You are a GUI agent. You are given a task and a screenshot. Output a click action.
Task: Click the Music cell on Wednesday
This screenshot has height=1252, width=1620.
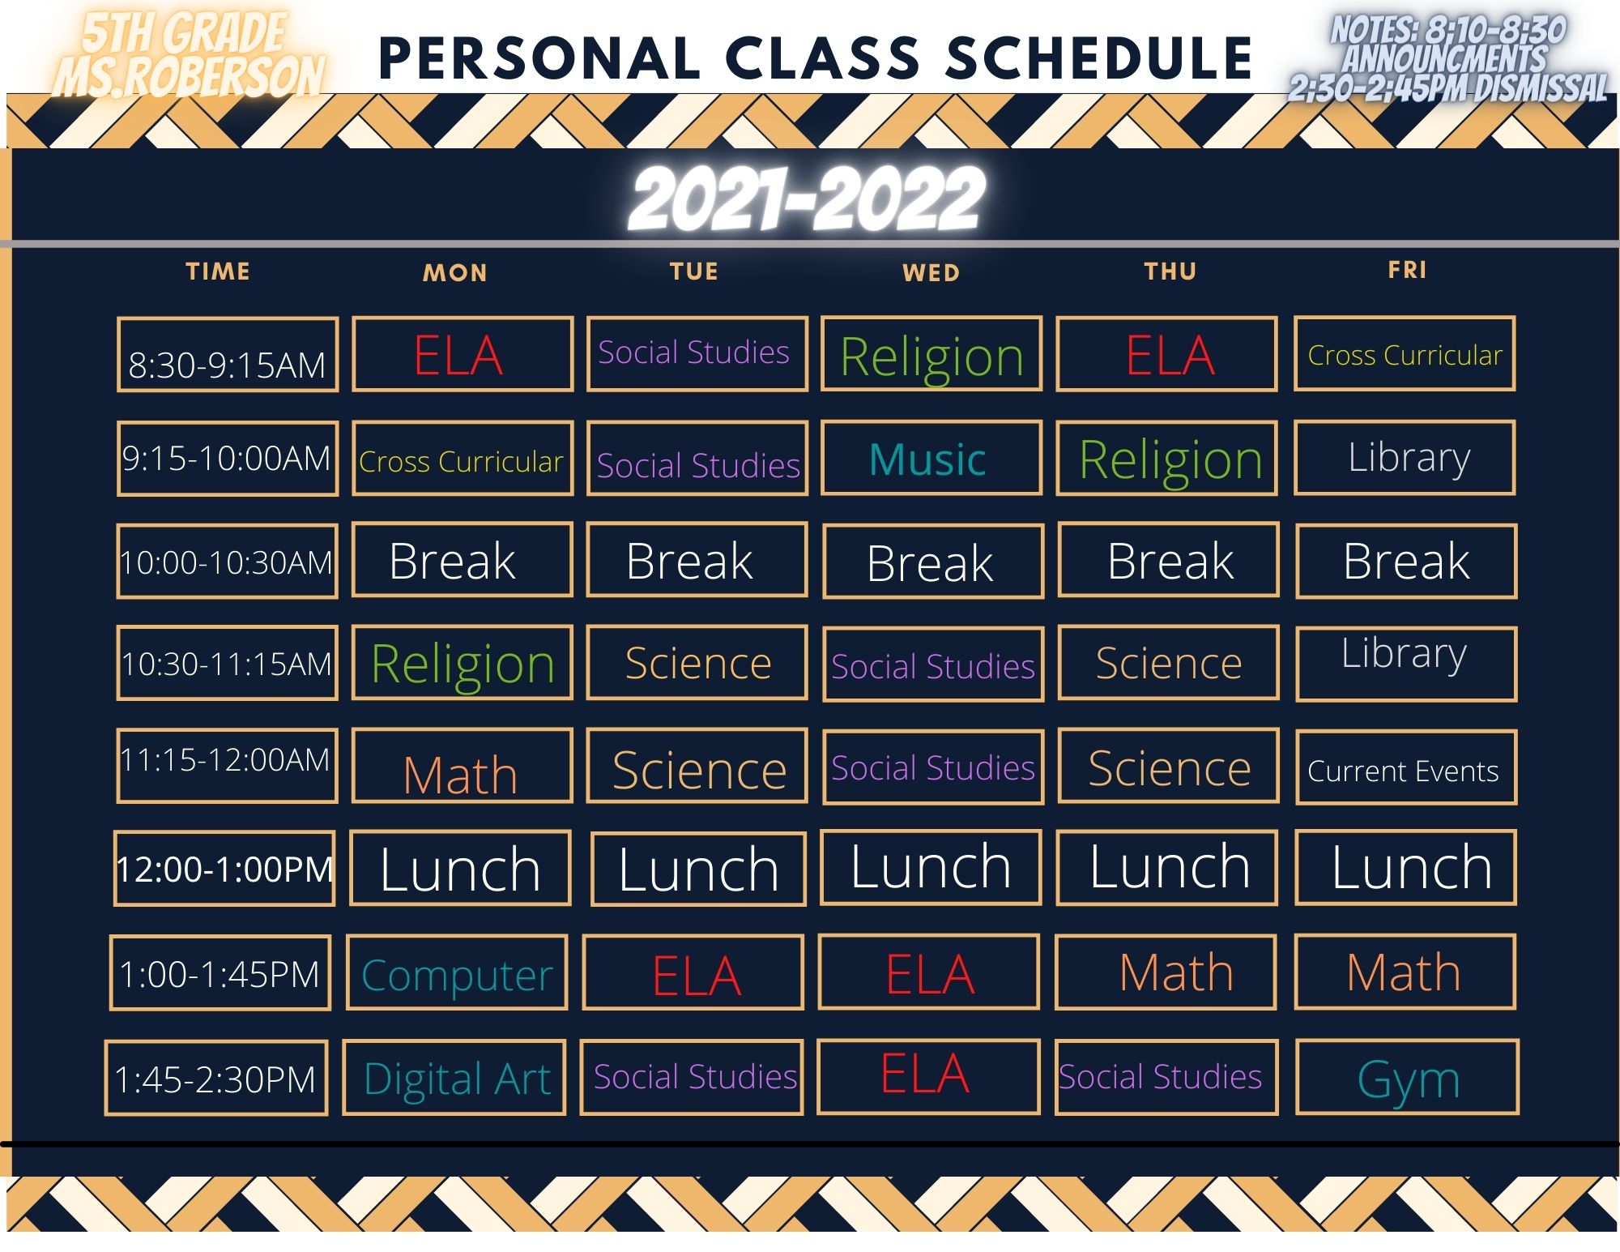point(932,458)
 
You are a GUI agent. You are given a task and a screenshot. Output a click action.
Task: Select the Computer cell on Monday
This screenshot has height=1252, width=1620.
point(457,972)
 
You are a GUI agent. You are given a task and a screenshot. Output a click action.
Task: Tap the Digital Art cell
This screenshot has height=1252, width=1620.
point(454,1078)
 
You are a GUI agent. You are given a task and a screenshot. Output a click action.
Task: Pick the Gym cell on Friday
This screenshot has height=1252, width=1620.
point(1408,1078)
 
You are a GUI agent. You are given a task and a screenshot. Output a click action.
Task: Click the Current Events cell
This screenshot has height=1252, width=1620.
point(1406,767)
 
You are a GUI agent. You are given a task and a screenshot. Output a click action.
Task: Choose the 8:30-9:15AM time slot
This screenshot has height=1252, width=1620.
point(228,354)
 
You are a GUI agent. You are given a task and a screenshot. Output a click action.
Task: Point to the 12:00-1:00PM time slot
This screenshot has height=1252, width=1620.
point(224,868)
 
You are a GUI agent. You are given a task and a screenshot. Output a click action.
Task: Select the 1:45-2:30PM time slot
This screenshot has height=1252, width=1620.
point(216,1078)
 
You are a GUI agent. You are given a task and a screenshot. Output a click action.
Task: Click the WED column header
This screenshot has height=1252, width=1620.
point(932,273)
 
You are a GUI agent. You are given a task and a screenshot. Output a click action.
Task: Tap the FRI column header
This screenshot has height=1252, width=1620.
point(1408,270)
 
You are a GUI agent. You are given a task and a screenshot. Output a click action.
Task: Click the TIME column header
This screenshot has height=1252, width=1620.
point(218,271)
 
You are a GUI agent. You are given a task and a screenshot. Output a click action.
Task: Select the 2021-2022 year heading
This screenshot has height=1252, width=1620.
point(807,199)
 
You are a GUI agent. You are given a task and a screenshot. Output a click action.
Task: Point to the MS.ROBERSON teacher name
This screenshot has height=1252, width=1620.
point(190,77)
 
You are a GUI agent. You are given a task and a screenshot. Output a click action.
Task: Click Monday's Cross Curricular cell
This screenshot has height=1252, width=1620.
point(463,458)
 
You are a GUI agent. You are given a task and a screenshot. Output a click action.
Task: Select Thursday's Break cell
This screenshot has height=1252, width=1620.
point(1169,560)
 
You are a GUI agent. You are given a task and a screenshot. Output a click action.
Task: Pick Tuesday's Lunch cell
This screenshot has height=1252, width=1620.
point(698,869)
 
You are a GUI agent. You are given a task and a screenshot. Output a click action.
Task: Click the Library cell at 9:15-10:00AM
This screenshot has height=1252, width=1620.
point(1405,457)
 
